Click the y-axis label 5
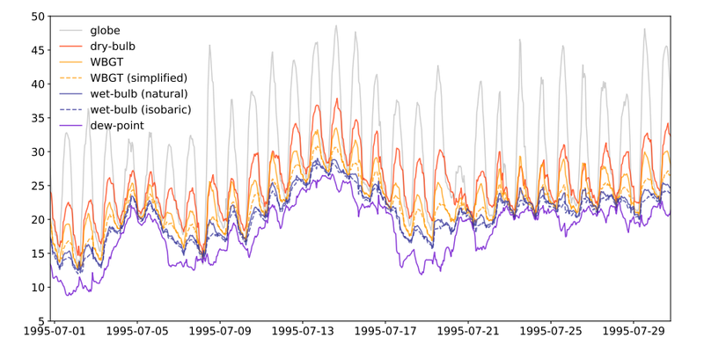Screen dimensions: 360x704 click(x=41, y=321)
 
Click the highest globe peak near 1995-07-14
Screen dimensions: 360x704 click(x=335, y=26)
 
